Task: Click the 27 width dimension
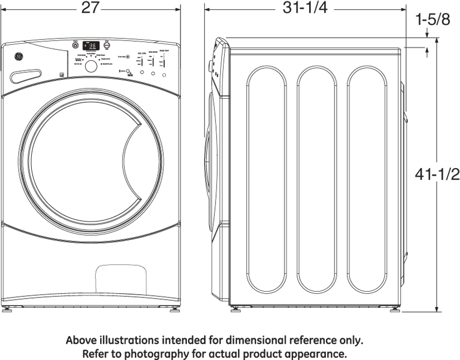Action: click(x=90, y=8)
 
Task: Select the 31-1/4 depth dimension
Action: click(x=305, y=8)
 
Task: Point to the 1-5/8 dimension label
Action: click(x=433, y=20)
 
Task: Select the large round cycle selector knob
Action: click(x=92, y=66)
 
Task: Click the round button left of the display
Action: click(x=75, y=46)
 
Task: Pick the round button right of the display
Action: click(x=107, y=46)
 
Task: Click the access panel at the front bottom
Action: click(x=121, y=280)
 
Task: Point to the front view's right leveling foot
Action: click(x=174, y=309)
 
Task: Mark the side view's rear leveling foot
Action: click(x=396, y=309)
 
